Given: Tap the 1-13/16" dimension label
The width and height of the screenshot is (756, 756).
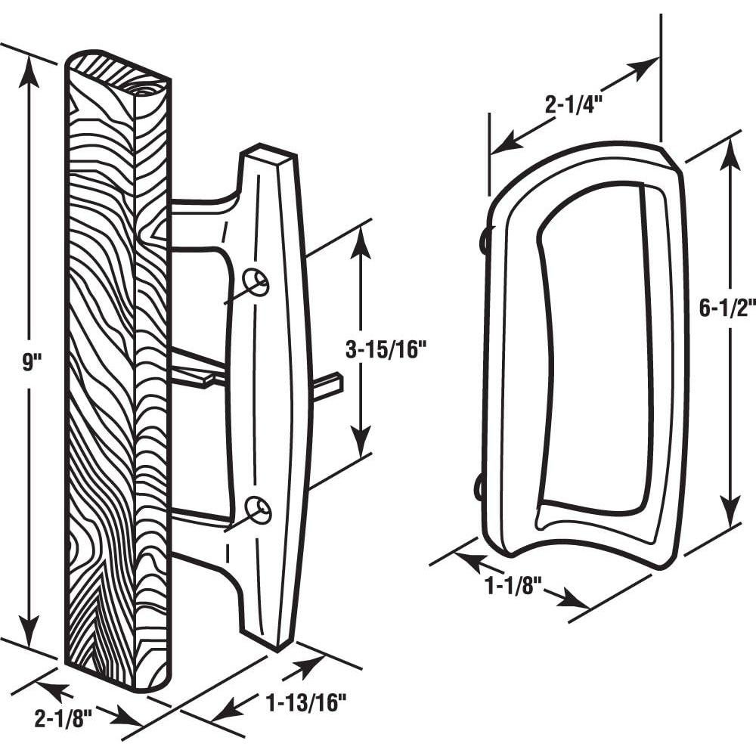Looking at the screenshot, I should [x=305, y=703].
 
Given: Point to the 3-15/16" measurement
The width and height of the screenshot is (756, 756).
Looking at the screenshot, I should [x=386, y=349].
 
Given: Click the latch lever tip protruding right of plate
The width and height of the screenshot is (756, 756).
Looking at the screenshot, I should [x=330, y=386].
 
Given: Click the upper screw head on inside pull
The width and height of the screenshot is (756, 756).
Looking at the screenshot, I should [x=483, y=240].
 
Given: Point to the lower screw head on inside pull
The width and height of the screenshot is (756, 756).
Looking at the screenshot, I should [x=479, y=488].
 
